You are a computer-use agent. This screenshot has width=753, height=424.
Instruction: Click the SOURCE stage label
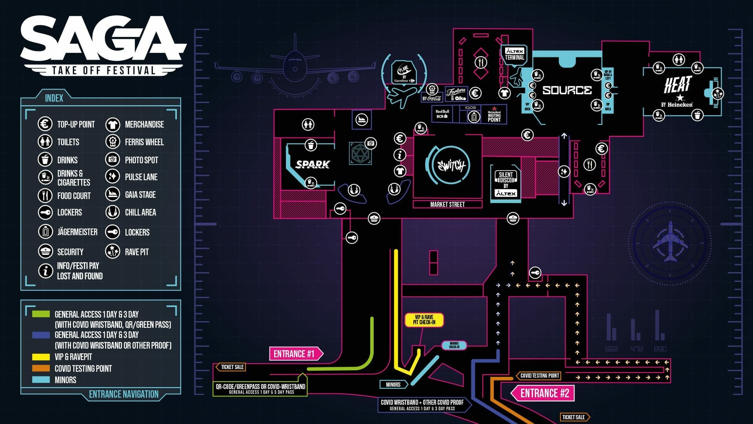pos(567,90)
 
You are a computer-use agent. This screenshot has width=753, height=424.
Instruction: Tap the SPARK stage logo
pos(313,164)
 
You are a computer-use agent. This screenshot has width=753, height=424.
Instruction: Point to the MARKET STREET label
pos(447,205)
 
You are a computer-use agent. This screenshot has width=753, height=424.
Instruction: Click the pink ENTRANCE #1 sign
pos(295,354)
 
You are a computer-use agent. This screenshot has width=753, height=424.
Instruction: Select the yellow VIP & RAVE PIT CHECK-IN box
pos(424,320)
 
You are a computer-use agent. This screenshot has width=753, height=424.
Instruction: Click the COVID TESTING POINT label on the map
pos(539,376)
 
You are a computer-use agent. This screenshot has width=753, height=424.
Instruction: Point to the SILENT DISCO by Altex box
pos(506,184)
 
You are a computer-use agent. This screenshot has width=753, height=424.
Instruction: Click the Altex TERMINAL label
pos(515,54)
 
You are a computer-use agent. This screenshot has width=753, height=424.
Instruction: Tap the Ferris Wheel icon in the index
pos(113,142)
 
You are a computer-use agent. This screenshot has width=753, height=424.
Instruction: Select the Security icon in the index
pos(45,251)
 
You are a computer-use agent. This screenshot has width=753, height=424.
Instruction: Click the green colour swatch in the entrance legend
pos(41,314)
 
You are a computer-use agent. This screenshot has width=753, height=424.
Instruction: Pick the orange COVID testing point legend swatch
pos(41,368)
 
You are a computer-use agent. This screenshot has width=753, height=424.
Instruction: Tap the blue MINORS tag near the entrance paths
pos(393,384)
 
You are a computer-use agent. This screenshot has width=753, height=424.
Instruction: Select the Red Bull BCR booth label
pos(442,114)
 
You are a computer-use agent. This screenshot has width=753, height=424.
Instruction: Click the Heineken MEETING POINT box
pos(494,114)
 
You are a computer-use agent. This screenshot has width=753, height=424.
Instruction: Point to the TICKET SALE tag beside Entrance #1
pos(232,367)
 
